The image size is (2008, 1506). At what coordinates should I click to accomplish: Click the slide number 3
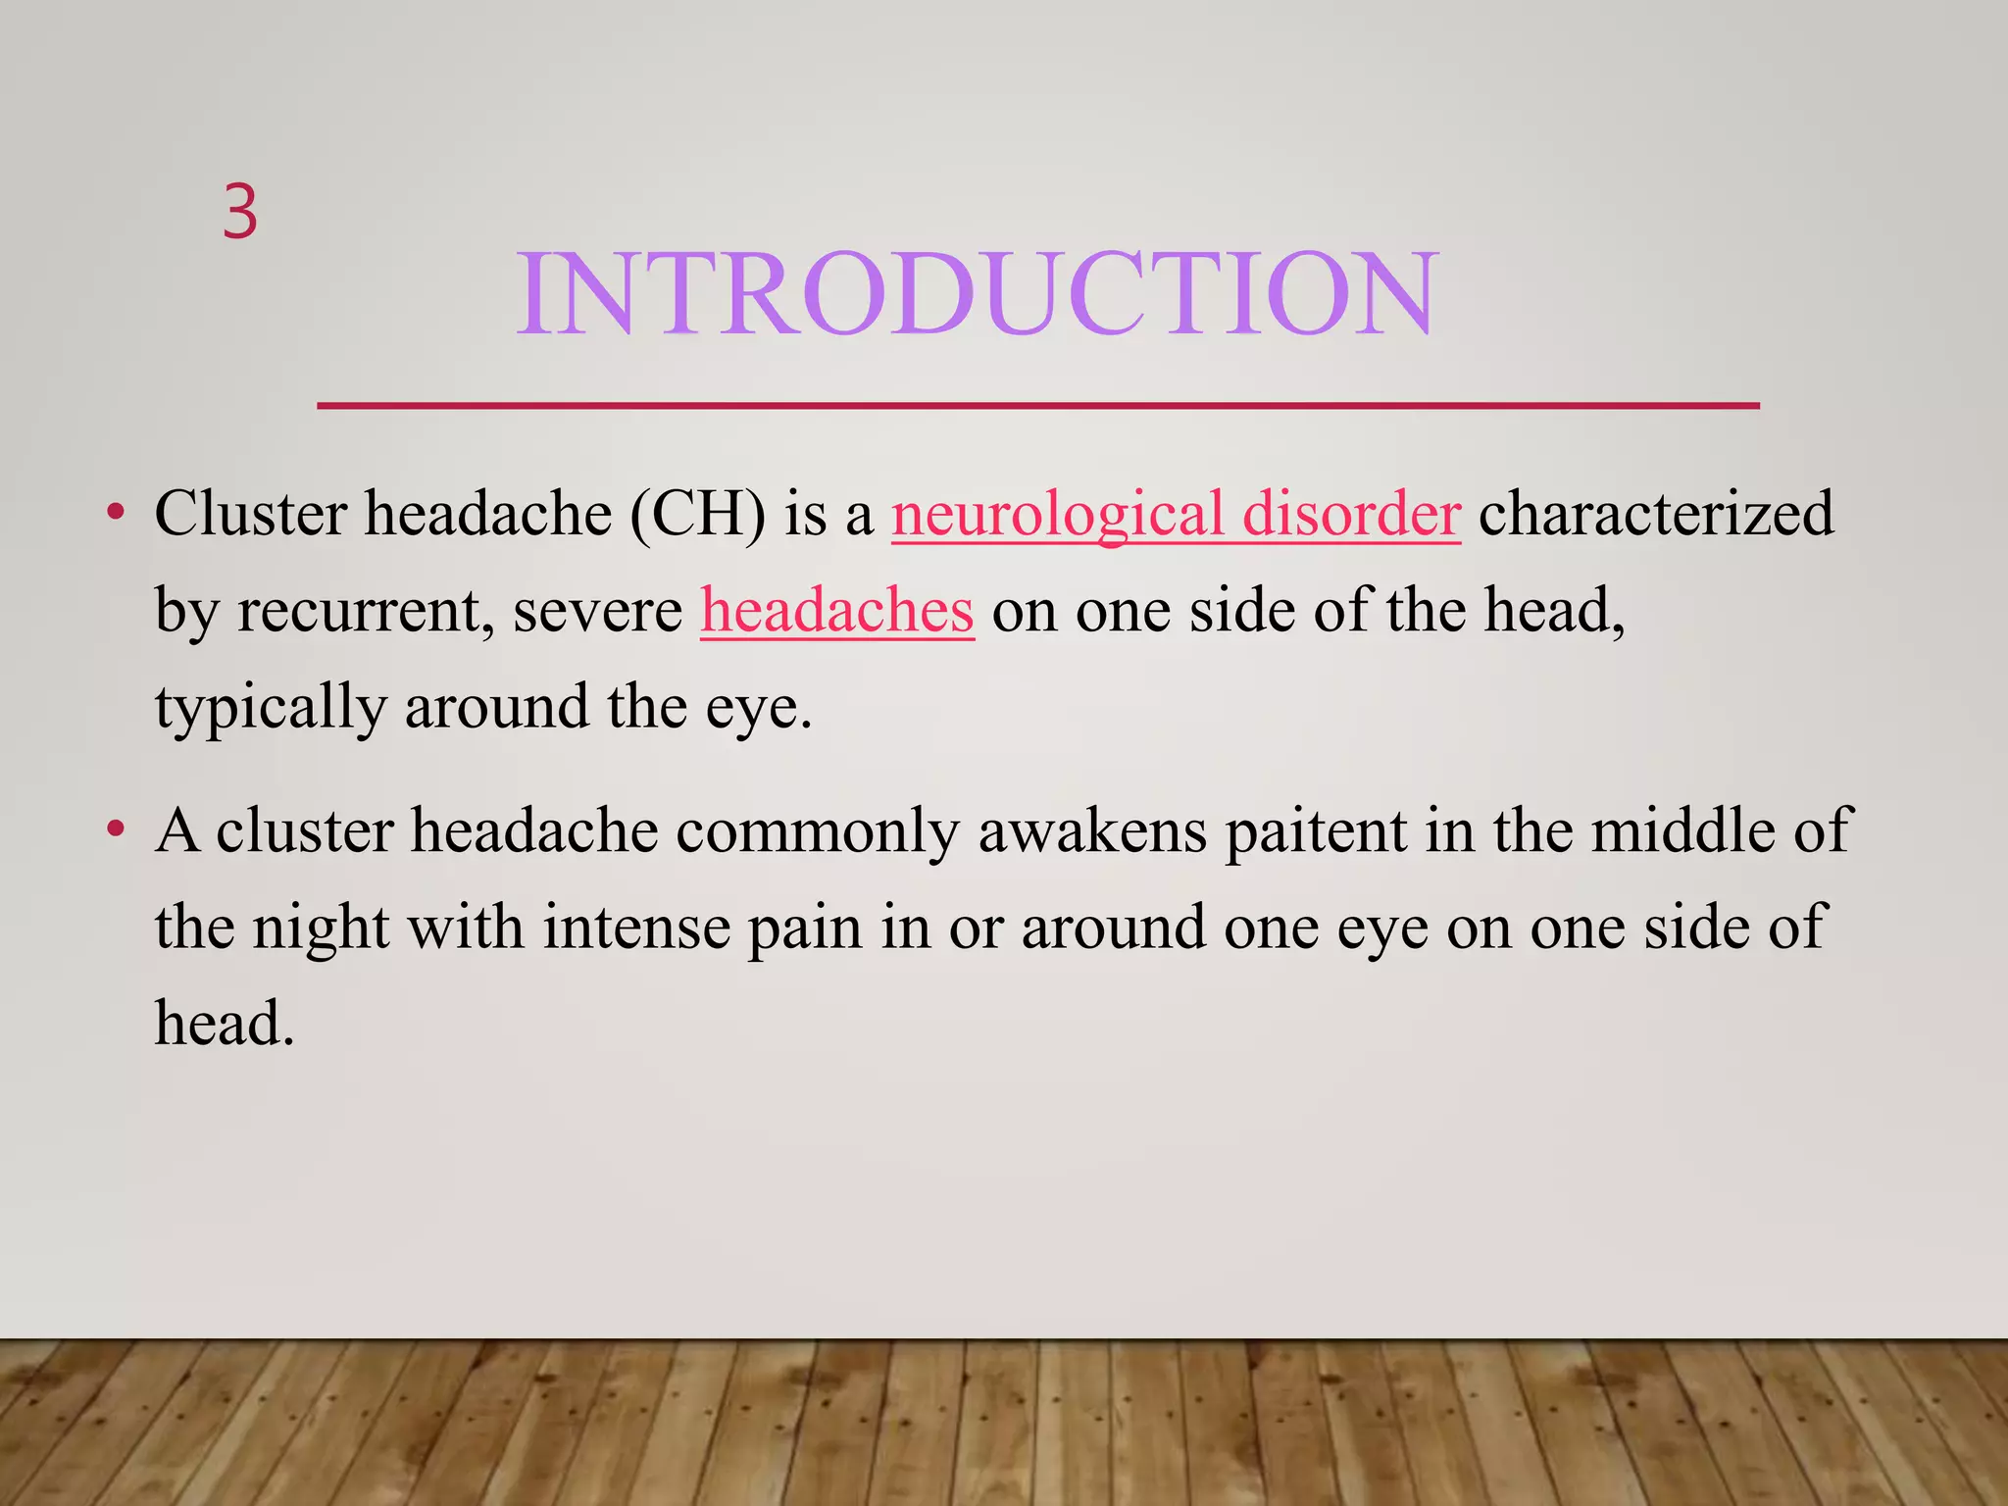tap(240, 212)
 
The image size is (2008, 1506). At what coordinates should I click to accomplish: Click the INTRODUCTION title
tap(977, 294)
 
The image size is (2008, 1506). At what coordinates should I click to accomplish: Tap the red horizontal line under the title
tap(1037, 405)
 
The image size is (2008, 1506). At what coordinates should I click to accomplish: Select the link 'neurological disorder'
tap(1176, 514)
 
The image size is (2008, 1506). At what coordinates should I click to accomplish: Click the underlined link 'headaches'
tap(836, 610)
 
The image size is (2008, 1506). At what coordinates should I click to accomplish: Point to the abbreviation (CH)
tap(697, 514)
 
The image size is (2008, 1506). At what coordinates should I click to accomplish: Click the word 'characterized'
tap(1655, 514)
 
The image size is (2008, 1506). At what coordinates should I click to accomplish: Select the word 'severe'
tap(597, 610)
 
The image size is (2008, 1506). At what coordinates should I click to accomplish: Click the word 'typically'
tap(271, 708)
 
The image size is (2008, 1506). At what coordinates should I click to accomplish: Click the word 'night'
tap(321, 928)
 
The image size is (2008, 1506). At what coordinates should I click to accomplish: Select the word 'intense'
tap(636, 928)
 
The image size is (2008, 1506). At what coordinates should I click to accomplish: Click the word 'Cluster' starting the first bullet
tap(251, 514)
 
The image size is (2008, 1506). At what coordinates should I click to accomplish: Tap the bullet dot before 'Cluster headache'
tap(117, 513)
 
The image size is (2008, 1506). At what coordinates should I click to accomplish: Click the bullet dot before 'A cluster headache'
tap(117, 830)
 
